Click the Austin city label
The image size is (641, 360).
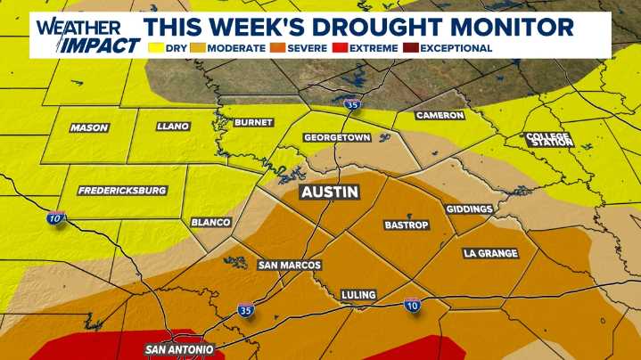330,192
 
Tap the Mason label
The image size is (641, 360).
89,128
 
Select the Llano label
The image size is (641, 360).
172,127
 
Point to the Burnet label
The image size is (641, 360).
254,122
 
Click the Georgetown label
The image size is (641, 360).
337,138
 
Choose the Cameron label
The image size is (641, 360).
440,116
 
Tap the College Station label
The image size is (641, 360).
548,139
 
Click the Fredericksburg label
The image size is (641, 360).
122,191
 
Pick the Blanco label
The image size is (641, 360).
211,222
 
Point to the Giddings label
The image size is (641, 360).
470,209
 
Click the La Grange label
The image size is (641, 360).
490,254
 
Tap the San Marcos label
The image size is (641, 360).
289,265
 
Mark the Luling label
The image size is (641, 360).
358,295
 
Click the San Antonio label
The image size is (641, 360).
179,349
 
